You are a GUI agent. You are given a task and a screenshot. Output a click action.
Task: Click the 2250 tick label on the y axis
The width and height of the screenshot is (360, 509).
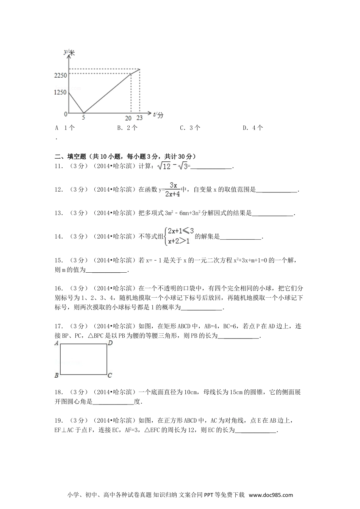click(60, 75)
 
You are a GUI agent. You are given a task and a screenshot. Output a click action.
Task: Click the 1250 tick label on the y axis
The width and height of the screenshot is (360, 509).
click(60, 92)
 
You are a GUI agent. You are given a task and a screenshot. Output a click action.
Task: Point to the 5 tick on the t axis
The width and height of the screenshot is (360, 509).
click(83, 118)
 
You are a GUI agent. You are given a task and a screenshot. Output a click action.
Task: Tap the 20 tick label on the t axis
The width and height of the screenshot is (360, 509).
click(128, 118)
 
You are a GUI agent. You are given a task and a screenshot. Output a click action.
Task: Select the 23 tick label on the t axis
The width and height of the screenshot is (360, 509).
click(139, 118)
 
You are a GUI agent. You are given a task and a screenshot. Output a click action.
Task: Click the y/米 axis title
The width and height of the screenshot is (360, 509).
click(69, 52)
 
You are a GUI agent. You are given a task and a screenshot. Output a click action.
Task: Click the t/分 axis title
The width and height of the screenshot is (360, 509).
click(158, 114)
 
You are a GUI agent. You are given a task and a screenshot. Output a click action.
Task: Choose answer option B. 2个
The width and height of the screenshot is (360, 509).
click(127, 128)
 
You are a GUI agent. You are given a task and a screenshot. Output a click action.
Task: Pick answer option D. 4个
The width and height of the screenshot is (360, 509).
click(253, 128)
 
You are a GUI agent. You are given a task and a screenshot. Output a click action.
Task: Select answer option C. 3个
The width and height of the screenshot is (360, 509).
click(190, 128)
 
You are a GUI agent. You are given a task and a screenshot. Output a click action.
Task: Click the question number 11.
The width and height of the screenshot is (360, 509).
click(58, 166)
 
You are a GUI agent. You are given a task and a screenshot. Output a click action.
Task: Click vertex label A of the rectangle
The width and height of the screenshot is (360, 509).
click(56, 343)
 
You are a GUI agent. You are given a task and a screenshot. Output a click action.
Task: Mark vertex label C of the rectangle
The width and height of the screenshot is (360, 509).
click(110, 375)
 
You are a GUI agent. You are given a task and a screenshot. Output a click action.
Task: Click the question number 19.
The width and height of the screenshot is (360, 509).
click(58, 420)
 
